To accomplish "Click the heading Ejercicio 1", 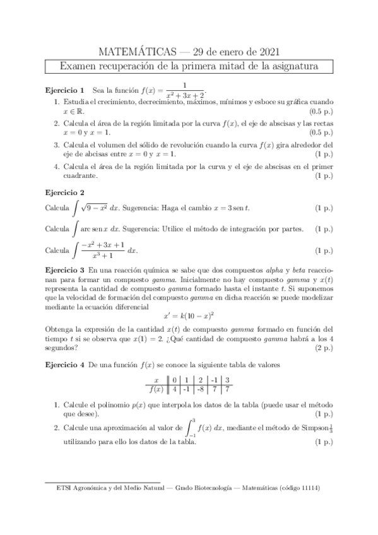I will coord(65,90).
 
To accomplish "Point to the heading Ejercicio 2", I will coord(65,192).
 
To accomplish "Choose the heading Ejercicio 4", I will coord(65,365).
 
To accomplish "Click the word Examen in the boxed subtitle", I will coord(79,66).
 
